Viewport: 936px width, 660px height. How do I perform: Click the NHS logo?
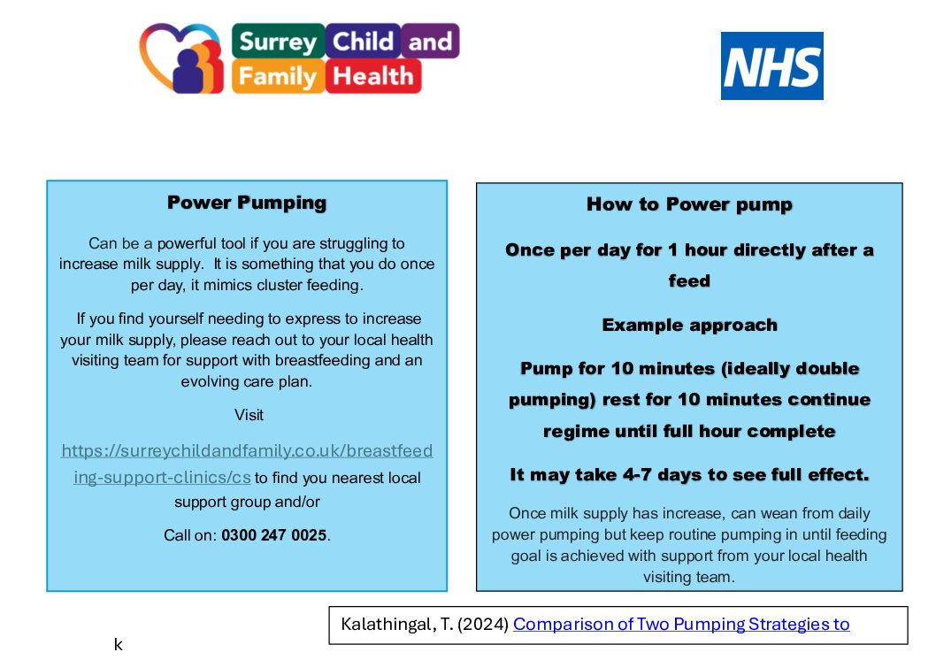(x=771, y=65)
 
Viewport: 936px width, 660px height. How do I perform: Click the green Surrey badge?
(x=278, y=41)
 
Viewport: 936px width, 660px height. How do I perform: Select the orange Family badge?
(x=278, y=76)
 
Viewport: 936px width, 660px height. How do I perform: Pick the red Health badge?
(x=373, y=76)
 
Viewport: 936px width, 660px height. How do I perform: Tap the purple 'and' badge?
(x=430, y=41)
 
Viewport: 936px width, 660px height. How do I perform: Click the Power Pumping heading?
(x=247, y=203)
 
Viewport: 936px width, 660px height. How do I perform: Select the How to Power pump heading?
(x=689, y=204)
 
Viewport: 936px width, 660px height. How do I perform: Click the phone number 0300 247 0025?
(x=274, y=534)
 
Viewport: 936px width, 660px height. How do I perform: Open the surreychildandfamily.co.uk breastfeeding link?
(x=247, y=464)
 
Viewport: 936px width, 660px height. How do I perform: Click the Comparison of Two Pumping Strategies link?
(x=681, y=624)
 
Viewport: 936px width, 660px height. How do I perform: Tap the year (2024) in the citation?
(x=483, y=625)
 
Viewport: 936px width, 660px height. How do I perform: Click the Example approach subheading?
(x=689, y=325)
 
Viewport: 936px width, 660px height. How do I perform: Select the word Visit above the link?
(x=249, y=415)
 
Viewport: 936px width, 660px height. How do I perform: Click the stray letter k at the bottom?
(x=119, y=644)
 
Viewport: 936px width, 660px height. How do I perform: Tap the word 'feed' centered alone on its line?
(x=689, y=280)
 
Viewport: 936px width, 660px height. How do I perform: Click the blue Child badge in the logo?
(x=363, y=41)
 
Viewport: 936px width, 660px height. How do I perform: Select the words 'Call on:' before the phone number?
(x=190, y=534)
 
